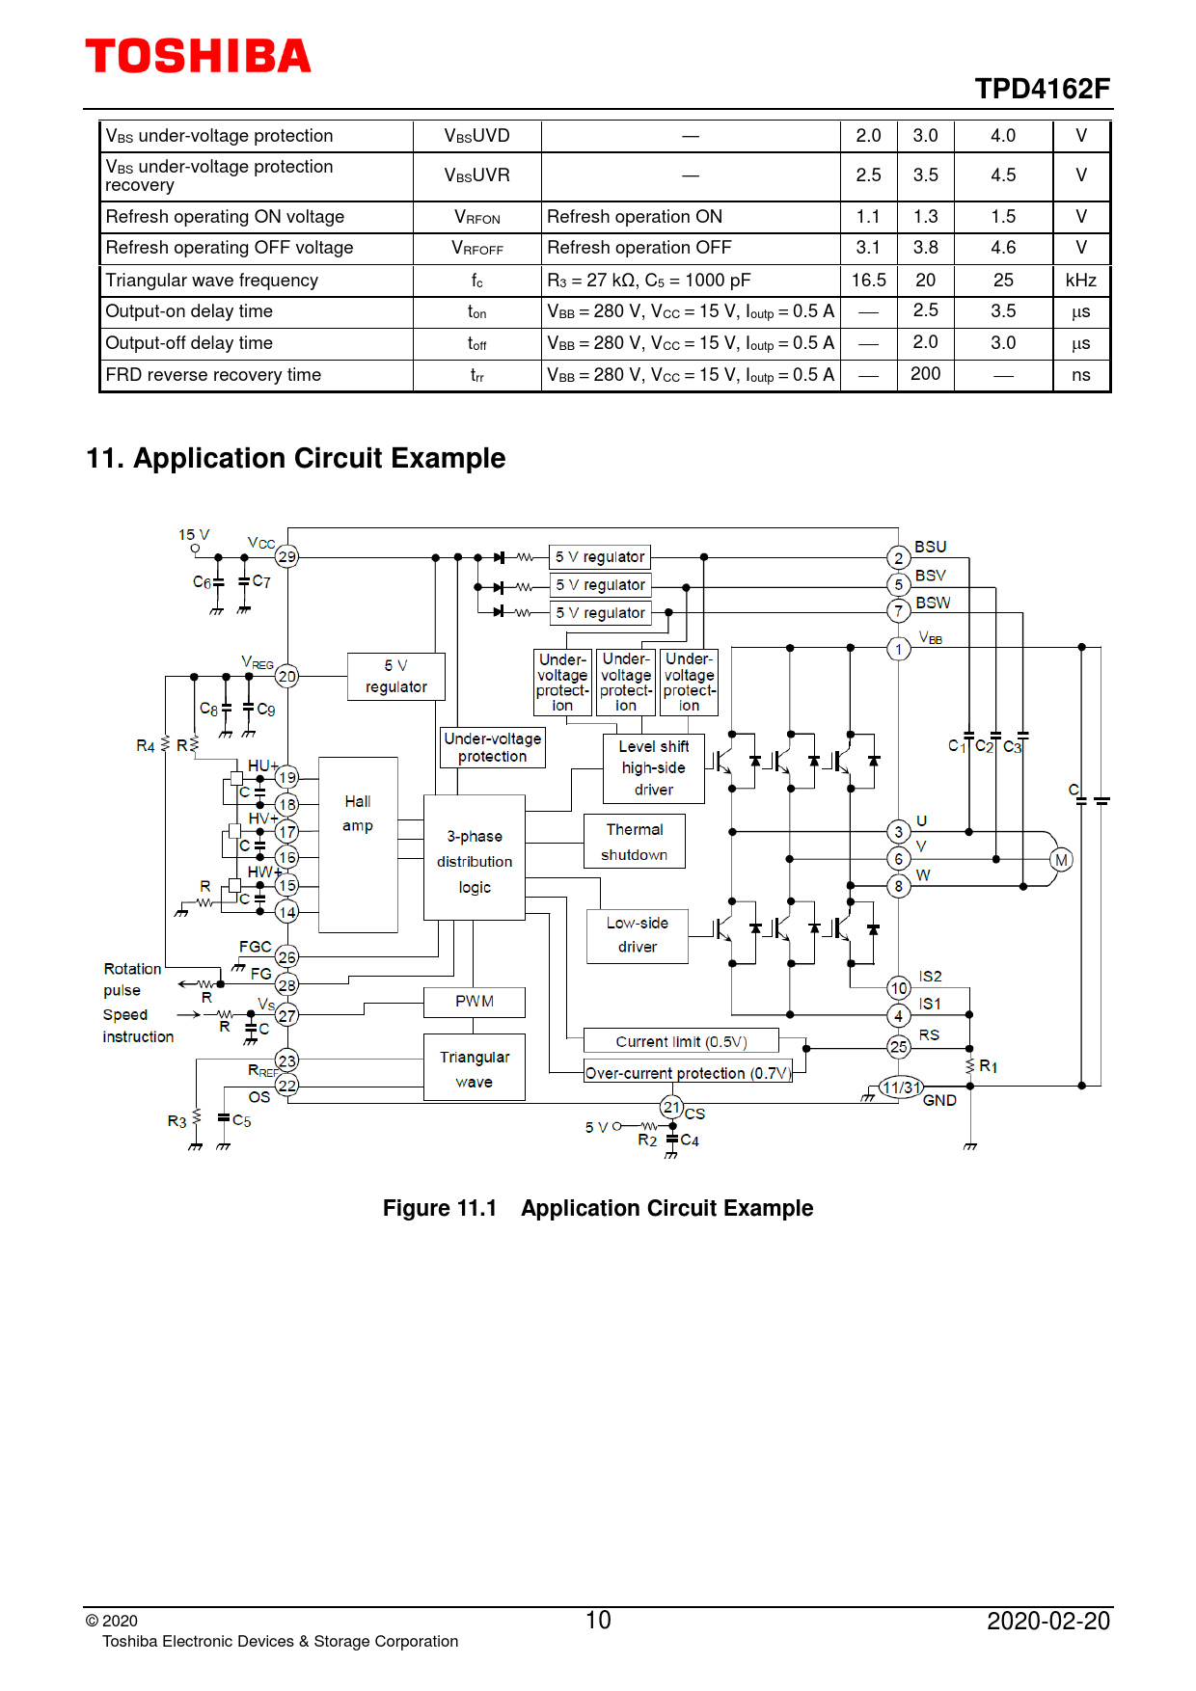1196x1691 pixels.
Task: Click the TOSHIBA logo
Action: point(198,56)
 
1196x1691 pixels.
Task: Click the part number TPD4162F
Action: point(1042,89)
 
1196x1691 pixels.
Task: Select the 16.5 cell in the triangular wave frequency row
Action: point(868,281)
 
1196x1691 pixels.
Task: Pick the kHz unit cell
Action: point(1080,281)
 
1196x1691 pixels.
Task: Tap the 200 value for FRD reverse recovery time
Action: point(925,374)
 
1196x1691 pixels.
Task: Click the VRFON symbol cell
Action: point(477,218)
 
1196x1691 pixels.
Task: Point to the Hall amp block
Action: point(358,845)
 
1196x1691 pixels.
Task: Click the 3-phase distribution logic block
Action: point(475,857)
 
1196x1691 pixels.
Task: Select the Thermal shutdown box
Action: point(635,842)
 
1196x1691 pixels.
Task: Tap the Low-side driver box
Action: point(638,935)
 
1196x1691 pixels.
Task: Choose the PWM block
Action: point(475,1002)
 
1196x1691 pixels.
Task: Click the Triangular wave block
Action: point(475,1067)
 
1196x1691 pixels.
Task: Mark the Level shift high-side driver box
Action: point(654,768)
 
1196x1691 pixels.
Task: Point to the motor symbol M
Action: point(1061,860)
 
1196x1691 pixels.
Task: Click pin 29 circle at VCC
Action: point(287,556)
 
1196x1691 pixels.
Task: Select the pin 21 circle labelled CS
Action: point(672,1107)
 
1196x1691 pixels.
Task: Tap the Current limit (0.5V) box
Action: point(681,1041)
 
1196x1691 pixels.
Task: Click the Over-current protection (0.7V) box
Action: point(688,1072)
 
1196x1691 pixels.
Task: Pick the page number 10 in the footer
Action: point(598,1620)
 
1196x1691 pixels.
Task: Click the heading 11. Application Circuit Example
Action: point(296,458)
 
